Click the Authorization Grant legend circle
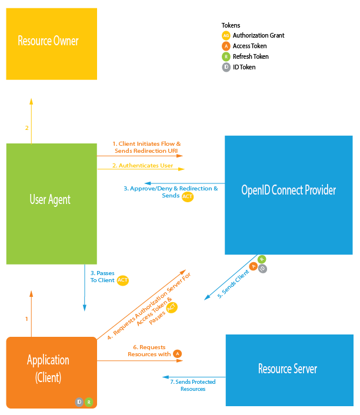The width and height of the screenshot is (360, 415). (x=226, y=35)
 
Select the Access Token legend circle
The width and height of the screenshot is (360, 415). (x=226, y=46)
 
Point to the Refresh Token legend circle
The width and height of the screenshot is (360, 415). (x=226, y=56)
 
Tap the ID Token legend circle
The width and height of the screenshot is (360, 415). (x=226, y=67)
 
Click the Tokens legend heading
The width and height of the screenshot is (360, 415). (x=230, y=25)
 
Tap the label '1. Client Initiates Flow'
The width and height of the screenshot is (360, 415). (x=146, y=144)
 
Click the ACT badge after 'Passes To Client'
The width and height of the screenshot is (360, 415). (x=123, y=280)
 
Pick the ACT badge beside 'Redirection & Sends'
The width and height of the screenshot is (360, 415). (x=188, y=196)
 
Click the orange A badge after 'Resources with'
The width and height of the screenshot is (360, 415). (x=177, y=354)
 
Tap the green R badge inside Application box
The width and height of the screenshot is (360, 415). (x=89, y=402)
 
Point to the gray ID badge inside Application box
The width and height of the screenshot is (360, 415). (x=79, y=402)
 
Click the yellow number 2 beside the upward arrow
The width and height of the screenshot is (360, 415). (x=26, y=128)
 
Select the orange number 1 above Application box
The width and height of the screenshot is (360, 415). (x=26, y=319)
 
